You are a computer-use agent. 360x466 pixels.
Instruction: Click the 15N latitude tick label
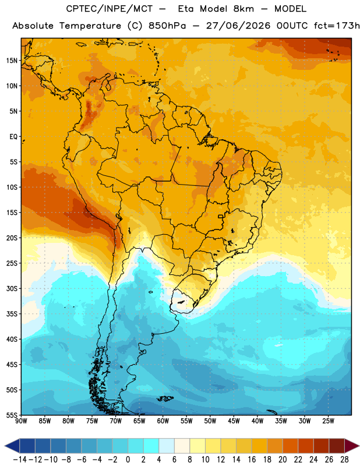coord(12,61)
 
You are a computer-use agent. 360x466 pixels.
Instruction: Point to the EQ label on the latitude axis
coord(13,137)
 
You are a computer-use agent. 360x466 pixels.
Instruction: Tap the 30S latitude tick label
coord(12,288)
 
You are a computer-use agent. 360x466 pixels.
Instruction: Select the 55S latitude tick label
coord(12,415)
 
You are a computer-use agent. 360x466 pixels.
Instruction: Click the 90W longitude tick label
coord(22,421)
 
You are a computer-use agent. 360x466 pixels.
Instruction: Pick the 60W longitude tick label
coord(163,421)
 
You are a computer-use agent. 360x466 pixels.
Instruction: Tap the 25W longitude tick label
coord(328,421)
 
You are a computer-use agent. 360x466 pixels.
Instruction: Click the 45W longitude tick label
coord(234,421)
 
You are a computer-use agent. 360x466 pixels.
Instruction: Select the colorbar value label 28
coord(344,460)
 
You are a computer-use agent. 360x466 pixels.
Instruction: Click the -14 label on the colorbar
coord(20,460)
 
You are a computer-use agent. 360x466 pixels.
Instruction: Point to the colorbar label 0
coord(128,460)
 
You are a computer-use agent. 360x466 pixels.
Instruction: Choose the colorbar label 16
coord(252,460)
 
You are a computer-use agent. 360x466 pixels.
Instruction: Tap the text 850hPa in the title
coord(167,26)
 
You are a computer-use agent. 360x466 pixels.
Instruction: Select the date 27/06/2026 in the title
coord(238,26)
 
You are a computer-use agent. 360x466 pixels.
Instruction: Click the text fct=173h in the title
coord(337,26)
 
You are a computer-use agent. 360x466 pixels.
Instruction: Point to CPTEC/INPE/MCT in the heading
coord(110,9)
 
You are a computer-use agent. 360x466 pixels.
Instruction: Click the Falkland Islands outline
coord(165,398)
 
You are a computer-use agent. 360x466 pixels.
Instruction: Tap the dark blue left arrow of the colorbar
coord(12,446)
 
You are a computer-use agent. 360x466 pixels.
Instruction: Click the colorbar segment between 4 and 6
coord(167,446)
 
